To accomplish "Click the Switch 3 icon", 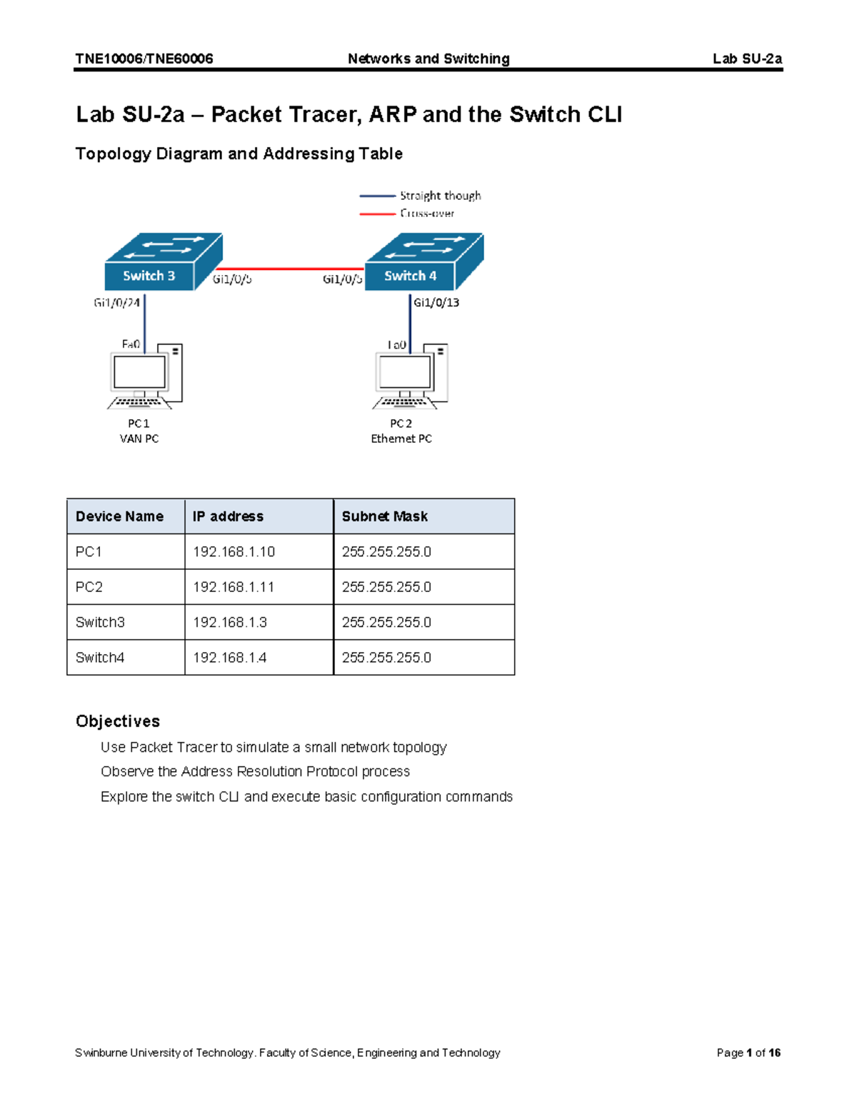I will click(163, 262).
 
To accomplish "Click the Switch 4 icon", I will click(424, 262).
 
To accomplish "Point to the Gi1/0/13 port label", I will click(436, 303).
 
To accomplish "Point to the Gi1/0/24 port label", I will click(116, 303).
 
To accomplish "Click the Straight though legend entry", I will click(440, 196).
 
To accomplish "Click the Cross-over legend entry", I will click(427, 213).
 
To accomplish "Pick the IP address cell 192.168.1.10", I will click(234, 552).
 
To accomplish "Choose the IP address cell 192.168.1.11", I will click(234, 587).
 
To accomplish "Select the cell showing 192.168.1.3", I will click(230, 622).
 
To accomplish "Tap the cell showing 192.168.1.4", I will click(230, 658).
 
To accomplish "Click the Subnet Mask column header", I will click(385, 516).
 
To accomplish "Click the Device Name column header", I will click(119, 516).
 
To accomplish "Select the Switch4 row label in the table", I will click(100, 658).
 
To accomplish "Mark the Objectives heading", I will click(118, 721).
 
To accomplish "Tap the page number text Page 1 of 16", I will click(748, 1053).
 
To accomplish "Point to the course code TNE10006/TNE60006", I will click(144, 59).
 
